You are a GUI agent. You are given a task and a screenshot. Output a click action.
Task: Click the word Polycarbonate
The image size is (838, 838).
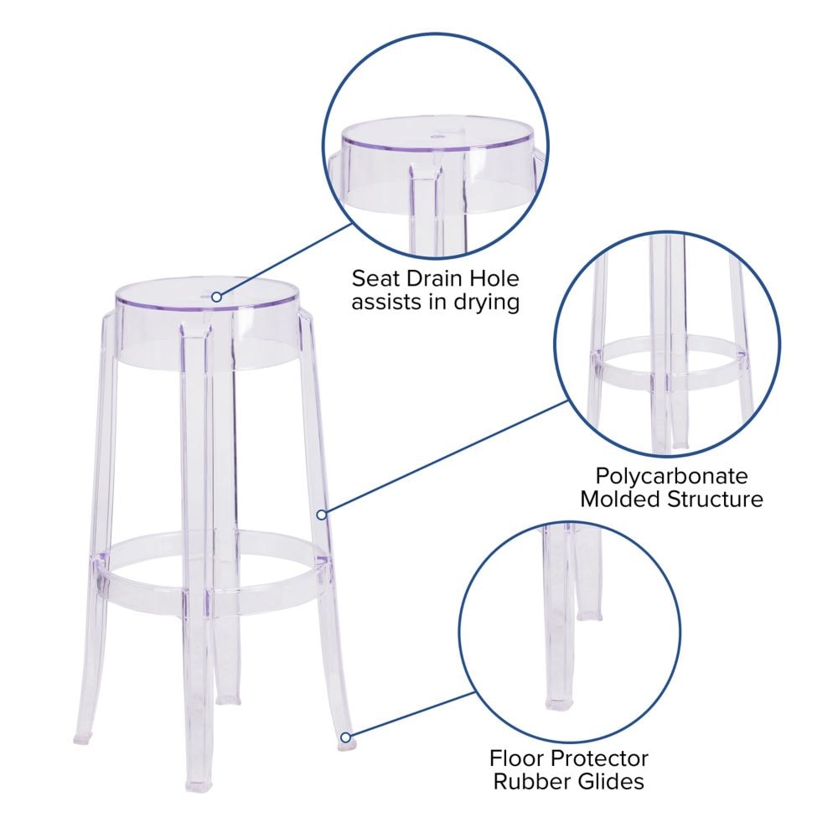pos(671,476)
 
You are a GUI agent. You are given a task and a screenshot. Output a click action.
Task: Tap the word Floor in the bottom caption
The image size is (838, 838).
pos(516,758)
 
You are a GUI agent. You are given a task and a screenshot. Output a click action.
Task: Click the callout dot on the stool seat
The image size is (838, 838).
pos(216,296)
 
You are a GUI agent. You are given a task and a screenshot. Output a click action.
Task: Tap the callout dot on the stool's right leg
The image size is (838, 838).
pos(320,512)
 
